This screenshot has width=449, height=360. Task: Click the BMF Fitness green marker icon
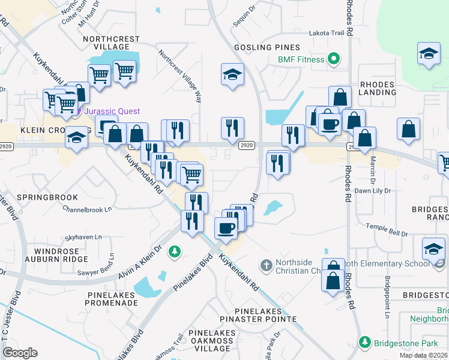point(334,59)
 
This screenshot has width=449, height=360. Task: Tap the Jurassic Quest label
point(112,111)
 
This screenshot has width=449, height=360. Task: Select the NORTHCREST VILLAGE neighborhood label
point(112,43)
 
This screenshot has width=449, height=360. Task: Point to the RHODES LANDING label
point(378,88)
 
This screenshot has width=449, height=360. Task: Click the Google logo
point(20,352)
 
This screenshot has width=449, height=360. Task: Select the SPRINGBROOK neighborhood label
point(39,197)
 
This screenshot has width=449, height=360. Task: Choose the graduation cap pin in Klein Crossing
point(76,138)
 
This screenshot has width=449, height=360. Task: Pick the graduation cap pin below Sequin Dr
point(233,74)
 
